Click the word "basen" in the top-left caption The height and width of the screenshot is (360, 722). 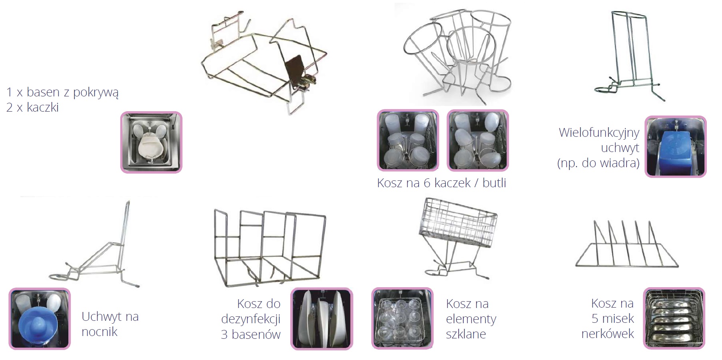(43, 92)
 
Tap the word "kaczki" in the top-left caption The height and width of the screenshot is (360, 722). (43, 107)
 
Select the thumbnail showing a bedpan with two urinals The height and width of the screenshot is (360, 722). (151, 142)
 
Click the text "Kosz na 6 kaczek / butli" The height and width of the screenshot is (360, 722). (442, 183)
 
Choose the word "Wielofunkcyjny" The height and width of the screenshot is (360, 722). (599, 132)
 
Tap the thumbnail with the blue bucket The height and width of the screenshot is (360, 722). (676, 147)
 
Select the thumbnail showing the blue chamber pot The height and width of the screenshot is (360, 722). (40, 318)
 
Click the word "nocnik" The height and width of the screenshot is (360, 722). (100, 332)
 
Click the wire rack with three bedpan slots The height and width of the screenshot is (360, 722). (269, 248)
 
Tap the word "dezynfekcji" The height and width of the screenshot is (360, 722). (251, 319)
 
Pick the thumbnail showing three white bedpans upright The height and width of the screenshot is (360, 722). (321, 318)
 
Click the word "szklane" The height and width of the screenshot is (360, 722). (466, 334)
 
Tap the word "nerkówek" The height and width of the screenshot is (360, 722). (608, 334)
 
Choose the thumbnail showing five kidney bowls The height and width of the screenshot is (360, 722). (674, 318)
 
